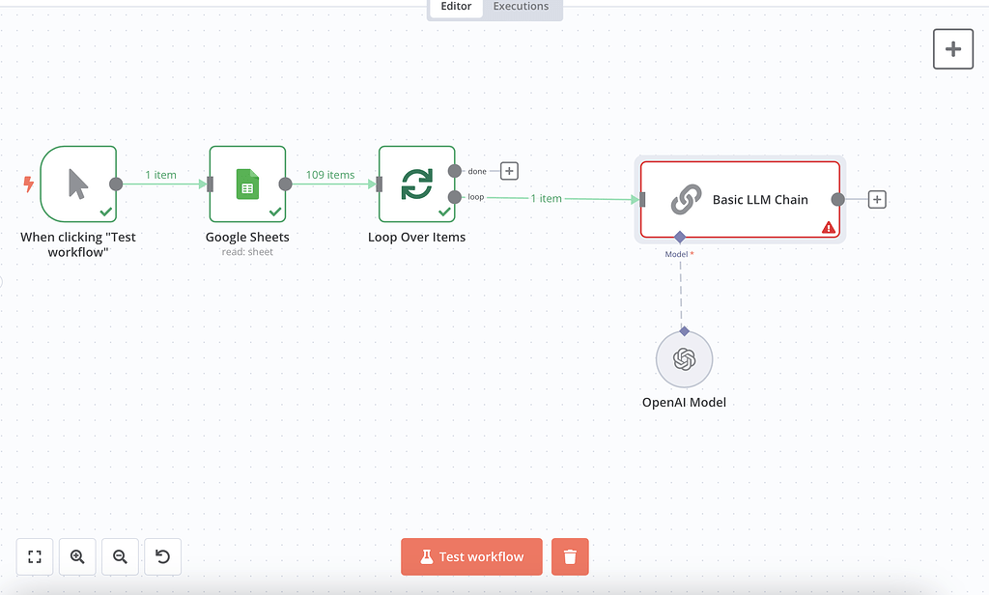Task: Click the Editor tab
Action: coord(456,7)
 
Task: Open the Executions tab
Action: coord(521,7)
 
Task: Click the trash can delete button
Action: coord(570,556)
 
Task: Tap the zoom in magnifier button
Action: coord(77,556)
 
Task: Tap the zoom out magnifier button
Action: coord(120,556)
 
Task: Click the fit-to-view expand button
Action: coord(35,556)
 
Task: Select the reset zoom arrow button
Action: coord(162,556)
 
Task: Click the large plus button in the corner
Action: coord(953,49)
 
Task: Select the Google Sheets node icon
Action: coord(247,184)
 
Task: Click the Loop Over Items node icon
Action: coord(416,184)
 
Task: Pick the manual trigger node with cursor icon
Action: coord(78,184)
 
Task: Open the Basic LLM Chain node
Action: coord(740,199)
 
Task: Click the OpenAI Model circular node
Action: coord(684,359)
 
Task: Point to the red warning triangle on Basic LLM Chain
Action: coord(828,228)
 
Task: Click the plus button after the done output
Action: coord(509,171)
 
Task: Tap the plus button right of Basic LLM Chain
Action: coord(876,200)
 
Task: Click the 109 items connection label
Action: coord(330,175)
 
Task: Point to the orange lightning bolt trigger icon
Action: coord(28,184)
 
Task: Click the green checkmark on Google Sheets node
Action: coord(275,211)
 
